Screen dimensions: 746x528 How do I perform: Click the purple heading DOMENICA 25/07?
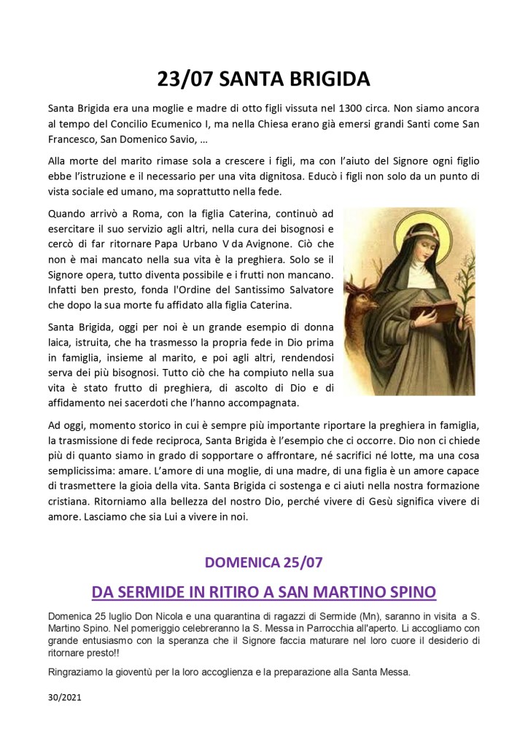pyautogui.click(x=263, y=562)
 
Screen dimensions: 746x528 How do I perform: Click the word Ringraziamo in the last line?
pyautogui.click(x=77, y=672)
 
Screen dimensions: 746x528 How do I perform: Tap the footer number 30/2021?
pyautogui.click(x=64, y=697)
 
